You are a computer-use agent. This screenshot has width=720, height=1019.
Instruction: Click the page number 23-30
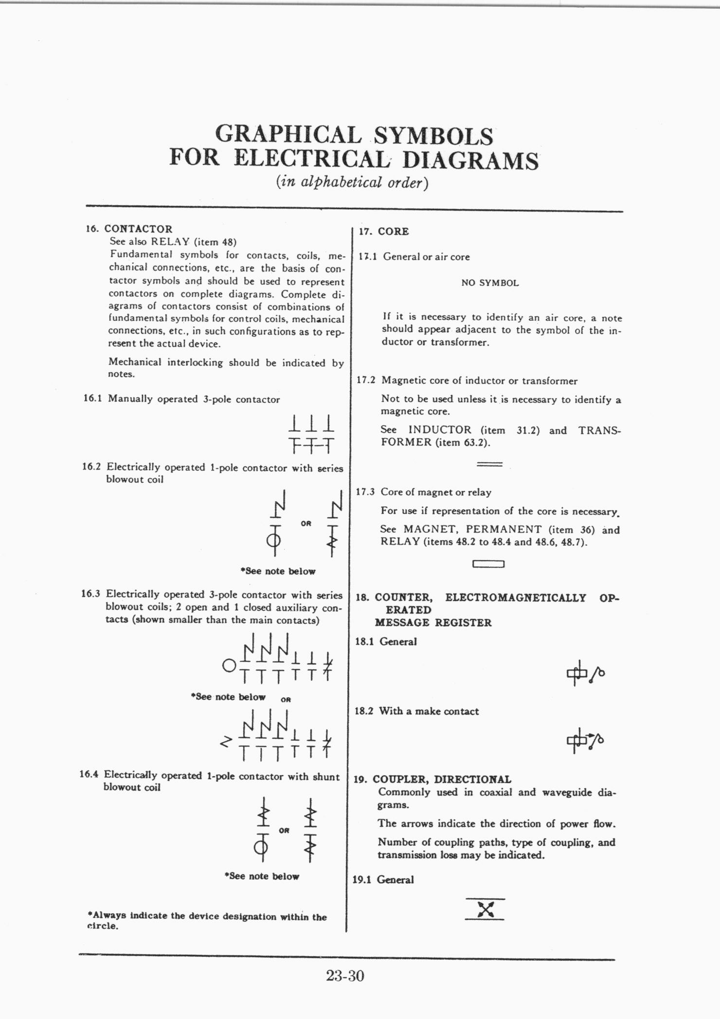(x=345, y=976)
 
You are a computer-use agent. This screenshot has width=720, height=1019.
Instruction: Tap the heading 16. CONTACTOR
(x=129, y=229)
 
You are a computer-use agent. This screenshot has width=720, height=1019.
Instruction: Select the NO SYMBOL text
(x=490, y=283)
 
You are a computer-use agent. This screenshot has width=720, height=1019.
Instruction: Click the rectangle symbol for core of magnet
(x=488, y=564)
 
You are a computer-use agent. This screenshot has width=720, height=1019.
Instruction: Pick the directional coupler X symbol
(x=485, y=909)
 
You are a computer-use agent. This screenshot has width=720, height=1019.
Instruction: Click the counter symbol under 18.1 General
(x=586, y=673)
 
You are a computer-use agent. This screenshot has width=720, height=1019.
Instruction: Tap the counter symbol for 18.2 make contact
(x=586, y=740)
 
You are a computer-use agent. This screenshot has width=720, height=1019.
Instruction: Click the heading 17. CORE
(x=384, y=232)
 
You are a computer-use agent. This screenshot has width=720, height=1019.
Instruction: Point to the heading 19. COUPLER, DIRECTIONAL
(x=432, y=779)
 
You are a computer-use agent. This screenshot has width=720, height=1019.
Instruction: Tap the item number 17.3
(x=365, y=492)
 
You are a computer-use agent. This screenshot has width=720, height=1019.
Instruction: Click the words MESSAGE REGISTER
(x=433, y=622)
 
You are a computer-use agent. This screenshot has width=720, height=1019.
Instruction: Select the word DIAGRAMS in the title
(x=471, y=160)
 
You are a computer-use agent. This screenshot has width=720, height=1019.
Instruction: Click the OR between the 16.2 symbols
(x=306, y=524)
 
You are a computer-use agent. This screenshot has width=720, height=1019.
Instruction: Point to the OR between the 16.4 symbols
(x=284, y=831)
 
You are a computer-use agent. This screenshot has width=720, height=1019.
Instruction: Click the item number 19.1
(x=362, y=880)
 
